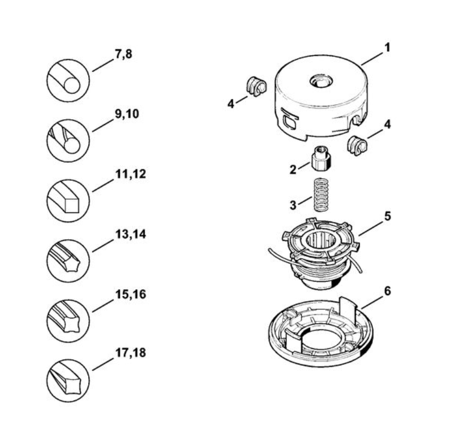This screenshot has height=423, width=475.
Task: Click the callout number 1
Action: point(387,47)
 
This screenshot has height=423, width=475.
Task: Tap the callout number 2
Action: point(292,170)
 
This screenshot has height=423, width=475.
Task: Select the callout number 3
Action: point(293,205)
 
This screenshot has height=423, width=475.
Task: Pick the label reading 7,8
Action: point(124,55)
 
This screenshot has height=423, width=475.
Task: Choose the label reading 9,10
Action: point(127,115)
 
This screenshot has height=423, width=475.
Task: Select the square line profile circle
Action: point(68,202)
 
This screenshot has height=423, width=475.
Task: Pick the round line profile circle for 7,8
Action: point(68,81)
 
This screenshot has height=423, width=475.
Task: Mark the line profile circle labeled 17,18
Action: point(68,381)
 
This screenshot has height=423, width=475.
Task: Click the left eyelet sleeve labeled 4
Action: point(256,87)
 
